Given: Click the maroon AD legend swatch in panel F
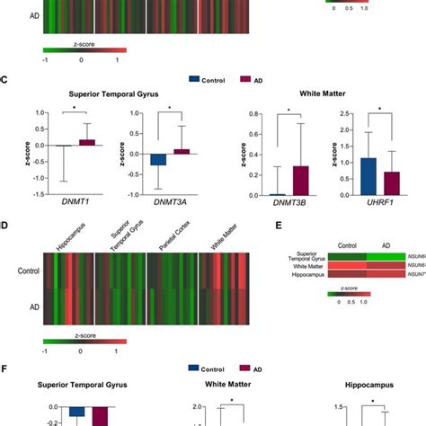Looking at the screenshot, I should point(244,368).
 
